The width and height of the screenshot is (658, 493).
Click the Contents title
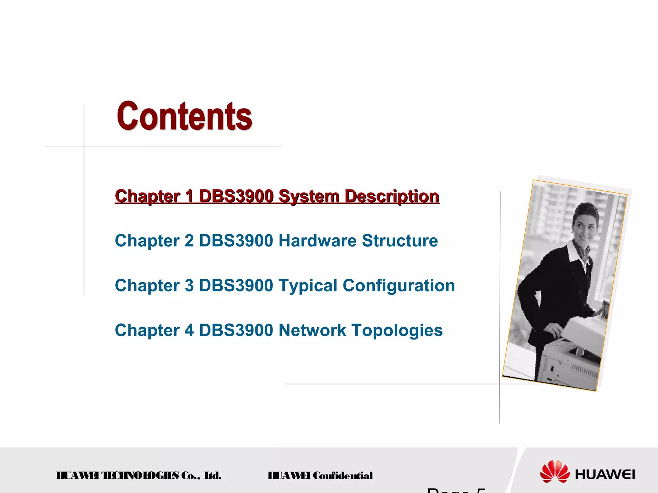[x=184, y=116]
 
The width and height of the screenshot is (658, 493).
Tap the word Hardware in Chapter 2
[x=317, y=241]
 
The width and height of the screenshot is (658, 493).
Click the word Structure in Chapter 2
[x=400, y=241]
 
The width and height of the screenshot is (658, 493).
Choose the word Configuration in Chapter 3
[x=399, y=286]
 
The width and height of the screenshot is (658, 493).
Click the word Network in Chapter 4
[x=312, y=330]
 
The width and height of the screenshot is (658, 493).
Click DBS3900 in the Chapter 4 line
[x=236, y=330]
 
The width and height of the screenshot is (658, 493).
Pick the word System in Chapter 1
[x=309, y=196]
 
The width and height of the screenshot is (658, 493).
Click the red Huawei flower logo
[x=555, y=471]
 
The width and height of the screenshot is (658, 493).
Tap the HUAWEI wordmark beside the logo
[x=605, y=474]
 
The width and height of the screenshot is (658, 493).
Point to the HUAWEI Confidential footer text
[x=320, y=475]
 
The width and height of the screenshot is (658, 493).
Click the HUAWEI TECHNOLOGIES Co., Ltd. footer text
[x=139, y=475]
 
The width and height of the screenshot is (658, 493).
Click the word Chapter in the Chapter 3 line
[x=147, y=286]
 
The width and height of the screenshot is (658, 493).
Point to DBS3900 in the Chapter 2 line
[x=236, y=241]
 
